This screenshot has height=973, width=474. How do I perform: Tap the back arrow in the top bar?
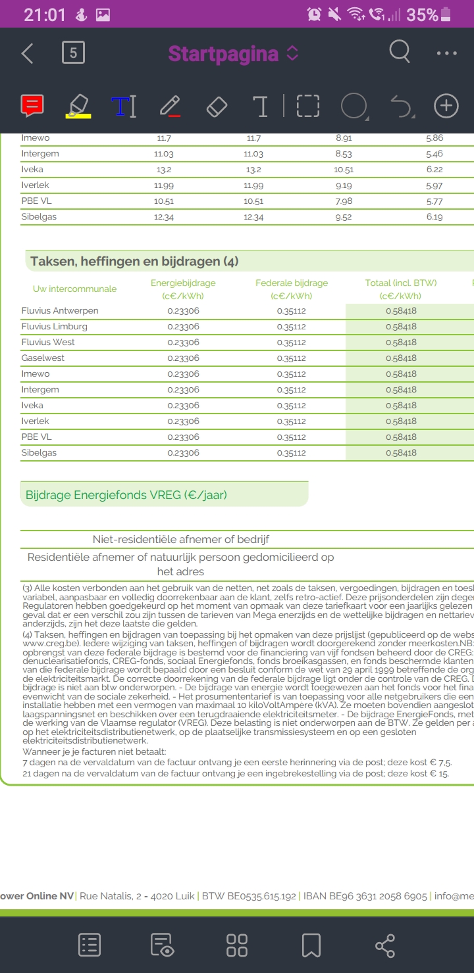(x=27, y=53)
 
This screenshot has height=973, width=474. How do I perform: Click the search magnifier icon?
(x=400, y=52)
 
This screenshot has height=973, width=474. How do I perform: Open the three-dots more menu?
(x=446, y=53)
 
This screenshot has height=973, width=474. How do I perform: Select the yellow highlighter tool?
(x=78, y=106)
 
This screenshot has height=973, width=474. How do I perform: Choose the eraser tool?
(x=217, y=106)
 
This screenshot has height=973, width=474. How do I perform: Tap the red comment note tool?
(x=32, y=106)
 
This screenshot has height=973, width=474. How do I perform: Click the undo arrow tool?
(x=401, y=106)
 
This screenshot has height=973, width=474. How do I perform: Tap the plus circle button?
(x=446, y=106)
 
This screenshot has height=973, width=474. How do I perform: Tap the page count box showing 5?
(x=73, y=53)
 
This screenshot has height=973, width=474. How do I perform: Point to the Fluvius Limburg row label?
(x=54, y=327)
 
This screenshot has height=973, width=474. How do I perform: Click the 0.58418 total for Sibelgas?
(x=401, y=453)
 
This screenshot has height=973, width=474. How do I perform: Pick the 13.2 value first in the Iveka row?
(x=163, y=170)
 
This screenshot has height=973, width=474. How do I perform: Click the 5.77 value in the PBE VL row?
(x=434, y=201)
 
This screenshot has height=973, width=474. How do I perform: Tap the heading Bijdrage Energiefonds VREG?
(x=126, y=495)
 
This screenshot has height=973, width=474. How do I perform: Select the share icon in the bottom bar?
(x=385, y=945)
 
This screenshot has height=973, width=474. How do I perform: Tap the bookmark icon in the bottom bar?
(x=311, y=945)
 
